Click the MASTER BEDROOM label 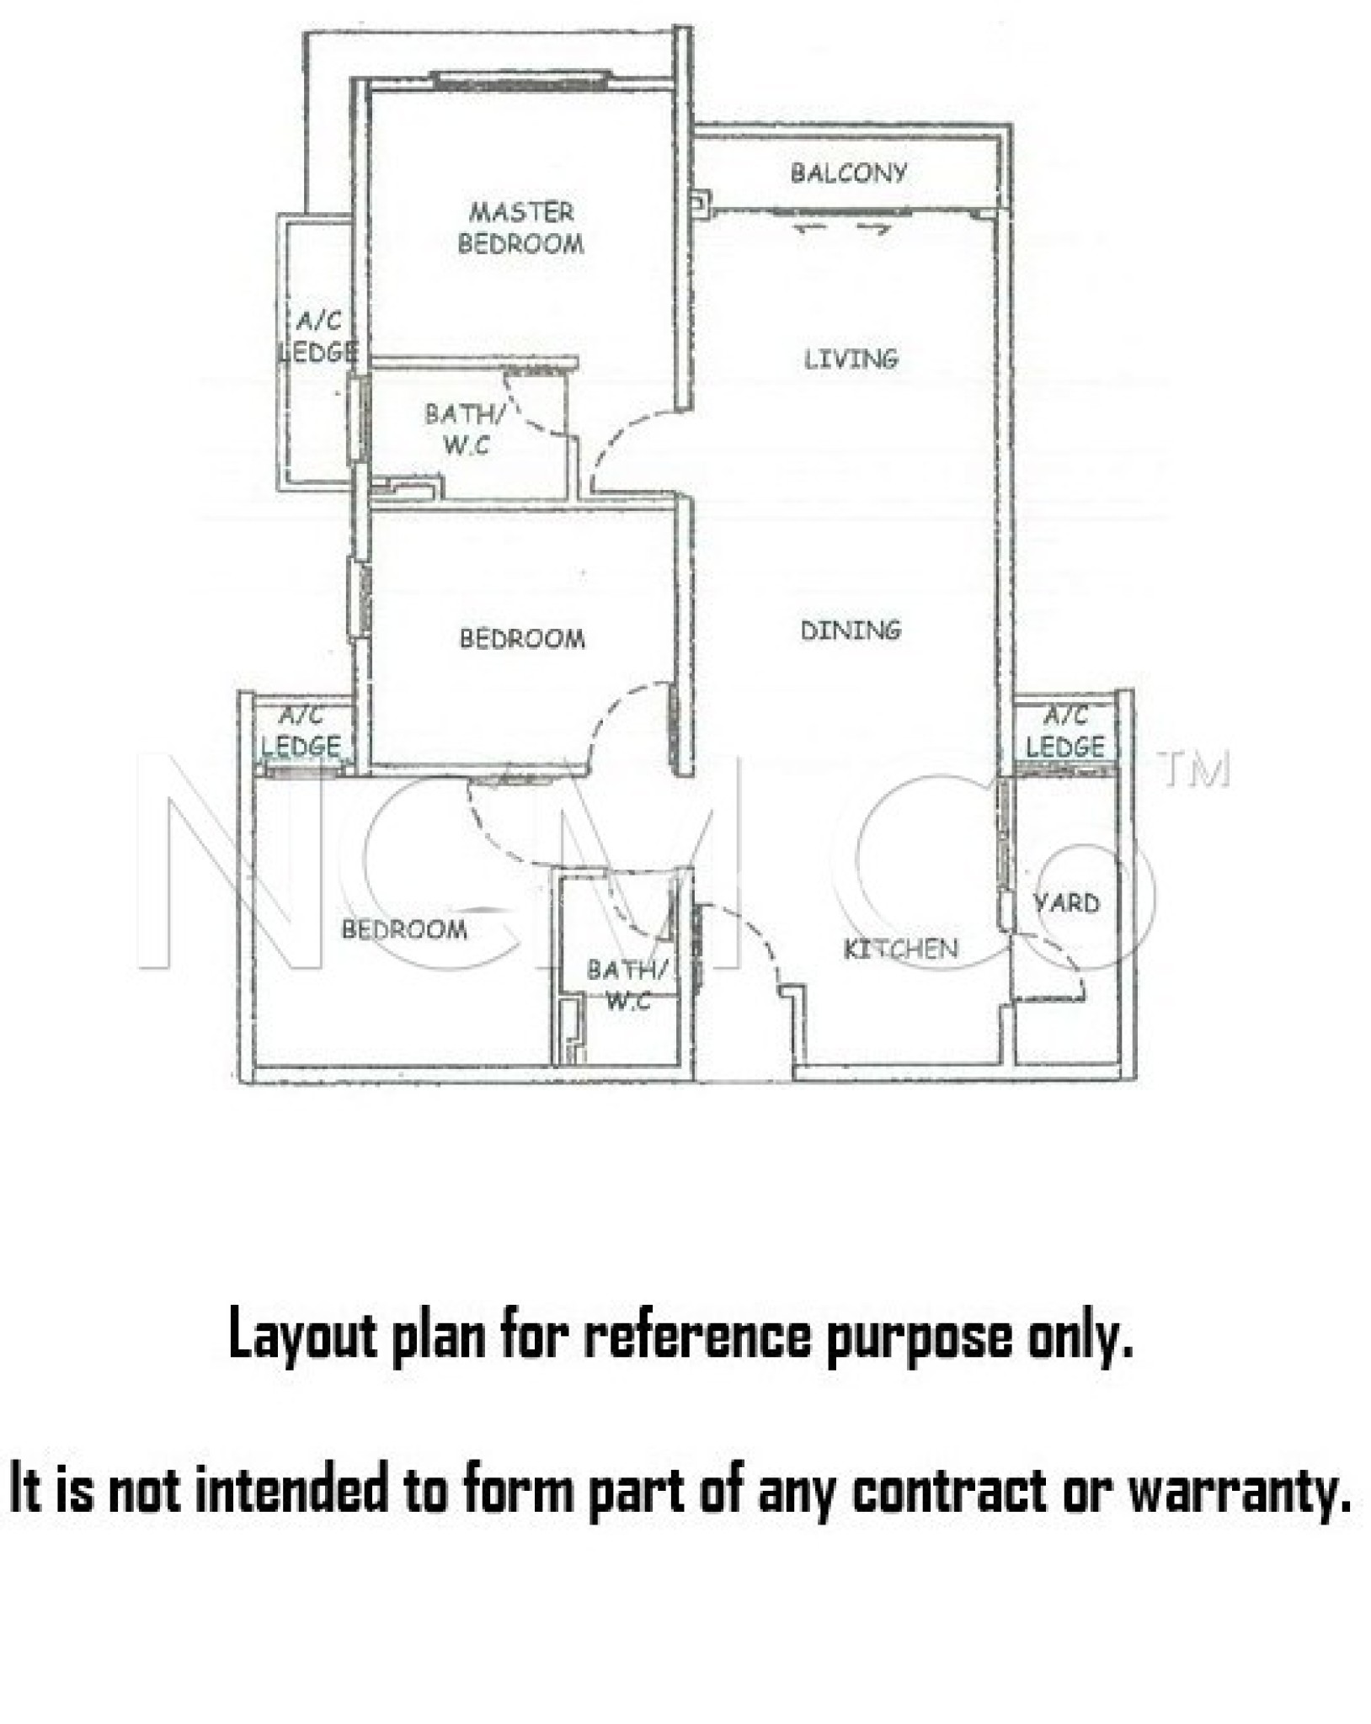coord(520,227)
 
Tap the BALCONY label coord(849,173)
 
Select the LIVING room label coord(851,359)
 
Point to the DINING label coord(851,630)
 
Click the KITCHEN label coord(900,949)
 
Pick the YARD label coord(1066,903)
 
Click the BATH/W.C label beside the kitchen coord(628,984)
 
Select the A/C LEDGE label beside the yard coord(1065,731)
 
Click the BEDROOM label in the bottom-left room coord(404,929)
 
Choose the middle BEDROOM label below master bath coord(522,638)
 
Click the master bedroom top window coord(521,80)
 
